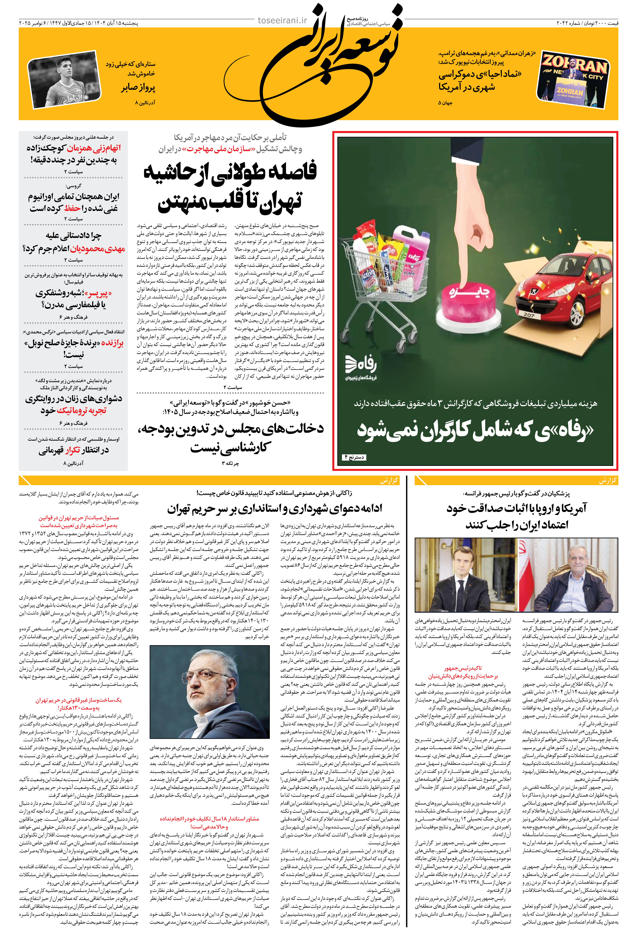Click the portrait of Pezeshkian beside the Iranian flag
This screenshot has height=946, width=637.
569,575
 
